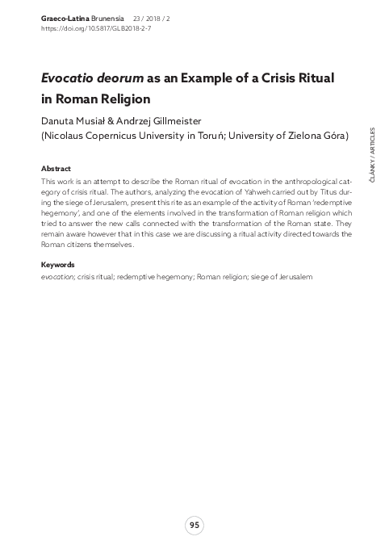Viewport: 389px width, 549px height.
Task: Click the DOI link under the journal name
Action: click(95, 27)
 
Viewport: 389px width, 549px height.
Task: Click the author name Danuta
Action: click(61, 120)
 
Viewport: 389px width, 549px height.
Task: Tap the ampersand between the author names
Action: click(111, 120)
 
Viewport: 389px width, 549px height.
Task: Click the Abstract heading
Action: click(56, 169)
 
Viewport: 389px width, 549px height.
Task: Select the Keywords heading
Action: click(58, 264)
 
